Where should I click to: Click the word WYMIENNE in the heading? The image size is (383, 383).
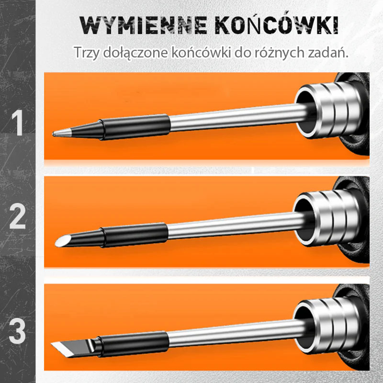click(144, 25)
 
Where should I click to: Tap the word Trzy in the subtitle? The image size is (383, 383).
click(87, 53)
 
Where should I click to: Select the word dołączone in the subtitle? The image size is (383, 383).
click(135, 53)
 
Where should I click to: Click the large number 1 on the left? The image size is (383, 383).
click(18, 123)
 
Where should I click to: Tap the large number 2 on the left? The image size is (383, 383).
click(17, 216)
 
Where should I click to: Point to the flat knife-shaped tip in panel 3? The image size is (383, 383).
click(73, 349)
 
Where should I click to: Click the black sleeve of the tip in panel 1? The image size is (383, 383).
click(135, 127)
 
